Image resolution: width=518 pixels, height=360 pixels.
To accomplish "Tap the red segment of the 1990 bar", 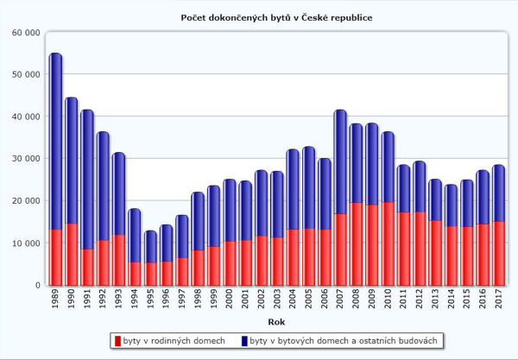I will tap(71, 255).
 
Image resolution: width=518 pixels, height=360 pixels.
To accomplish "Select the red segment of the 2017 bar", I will tap(498, 253).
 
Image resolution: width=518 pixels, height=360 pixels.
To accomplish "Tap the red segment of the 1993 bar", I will tap(118, 260).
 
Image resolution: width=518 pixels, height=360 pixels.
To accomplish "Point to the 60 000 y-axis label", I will tap(25, 33).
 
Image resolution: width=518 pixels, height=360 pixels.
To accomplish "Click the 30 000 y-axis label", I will tap(25, 159).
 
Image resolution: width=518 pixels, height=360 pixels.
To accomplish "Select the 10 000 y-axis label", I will tap(25, 243).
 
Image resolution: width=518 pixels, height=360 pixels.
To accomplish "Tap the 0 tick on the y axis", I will tap(37, 286).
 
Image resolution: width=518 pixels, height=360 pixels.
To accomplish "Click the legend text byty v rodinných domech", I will tap(175, 342).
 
